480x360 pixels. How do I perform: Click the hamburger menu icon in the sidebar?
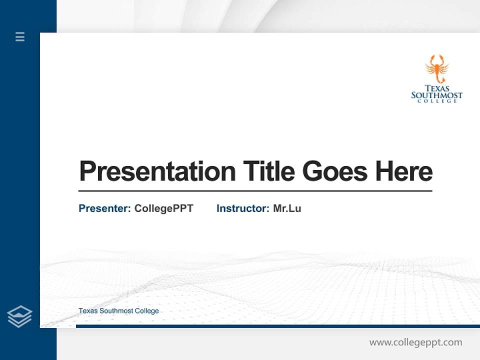point(20,36)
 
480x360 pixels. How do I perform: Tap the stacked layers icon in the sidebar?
point(19,316)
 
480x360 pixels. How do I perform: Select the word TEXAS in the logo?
point(437,88)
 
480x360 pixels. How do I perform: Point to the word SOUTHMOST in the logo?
point(436,95)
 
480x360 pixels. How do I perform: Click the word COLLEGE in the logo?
point(437,101)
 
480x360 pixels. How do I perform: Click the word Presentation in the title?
point(157,171)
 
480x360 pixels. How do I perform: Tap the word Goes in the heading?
point(335,171)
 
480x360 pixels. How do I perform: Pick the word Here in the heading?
point(403,171)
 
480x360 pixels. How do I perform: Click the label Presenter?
point(104,208)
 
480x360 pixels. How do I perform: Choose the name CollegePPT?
point(163,208)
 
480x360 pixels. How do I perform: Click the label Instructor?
point(242,208)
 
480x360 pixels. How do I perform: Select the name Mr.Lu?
point(287,208)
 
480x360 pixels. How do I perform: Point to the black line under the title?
point(255,191)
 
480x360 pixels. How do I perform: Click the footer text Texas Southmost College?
point(118,311)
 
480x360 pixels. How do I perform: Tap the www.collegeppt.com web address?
point(415,342)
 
